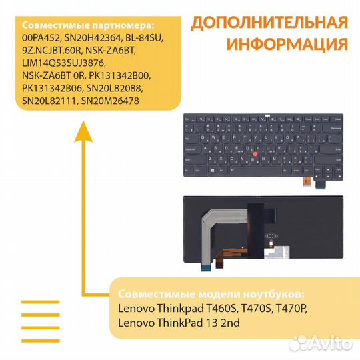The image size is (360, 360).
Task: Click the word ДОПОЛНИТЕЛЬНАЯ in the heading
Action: [269, 22]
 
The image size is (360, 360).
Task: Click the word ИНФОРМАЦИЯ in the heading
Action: [287, 45]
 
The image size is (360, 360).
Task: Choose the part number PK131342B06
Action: [54, 88]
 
